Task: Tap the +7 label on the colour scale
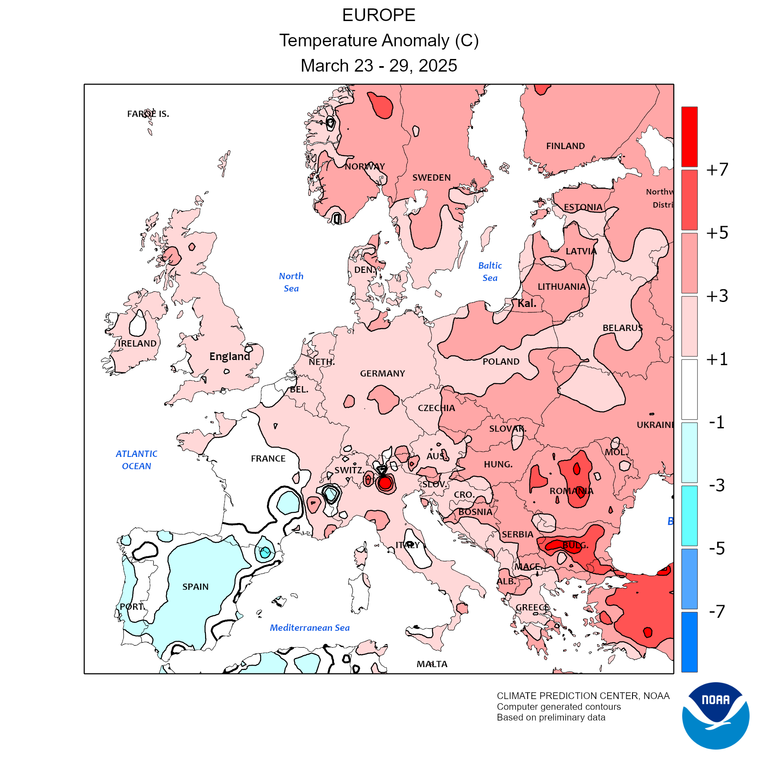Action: coord(717,169)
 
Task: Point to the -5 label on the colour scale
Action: coord(717,548)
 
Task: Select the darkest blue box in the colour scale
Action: coord(689,642)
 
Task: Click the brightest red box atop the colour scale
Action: coord(689,136)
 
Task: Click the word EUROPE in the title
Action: coord(379,15)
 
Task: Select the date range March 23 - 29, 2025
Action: coord(379,66)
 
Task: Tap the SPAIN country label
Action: coord(195,587)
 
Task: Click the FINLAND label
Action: coord(565,146)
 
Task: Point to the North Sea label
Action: coord(291,282)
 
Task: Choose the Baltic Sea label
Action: coord(490,272)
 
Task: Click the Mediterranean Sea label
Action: coord(310,627)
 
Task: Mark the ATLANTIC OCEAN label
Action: coord(136,460)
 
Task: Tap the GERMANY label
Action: coord(382,374)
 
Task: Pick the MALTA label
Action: coord(432,664)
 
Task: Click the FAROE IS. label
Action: coord(148,114)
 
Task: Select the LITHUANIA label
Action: coord(562,287)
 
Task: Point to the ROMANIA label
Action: coord(571,491)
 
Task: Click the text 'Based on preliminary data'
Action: coord(551,718)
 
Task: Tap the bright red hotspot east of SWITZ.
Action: coord(385,483)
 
